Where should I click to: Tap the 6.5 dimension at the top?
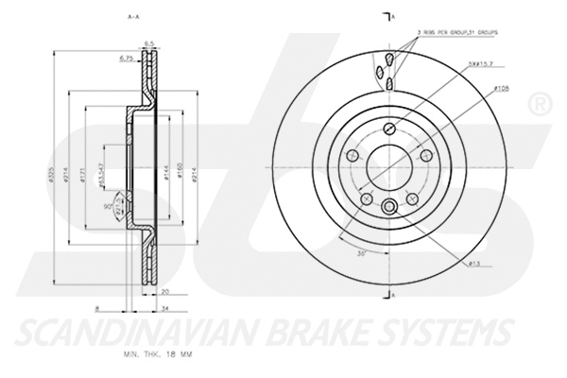point(148,43)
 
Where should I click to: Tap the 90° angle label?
point(106,207)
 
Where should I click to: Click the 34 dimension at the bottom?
point(165,308)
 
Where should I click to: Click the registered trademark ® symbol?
point(541,101)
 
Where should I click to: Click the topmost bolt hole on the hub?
point(388,132)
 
